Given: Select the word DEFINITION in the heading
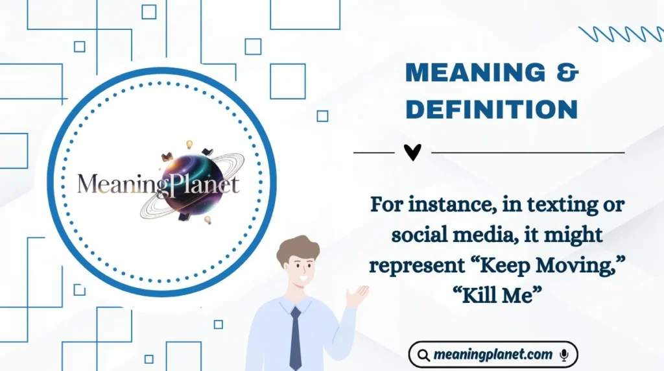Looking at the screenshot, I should (x=492, y=110).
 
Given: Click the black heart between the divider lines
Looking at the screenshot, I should (x=412, y=152).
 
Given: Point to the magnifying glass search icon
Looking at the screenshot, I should (x=423, y=355).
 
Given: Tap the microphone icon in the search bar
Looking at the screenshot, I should (x=564, y=355).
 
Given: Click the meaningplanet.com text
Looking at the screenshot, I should (x=493, y=355).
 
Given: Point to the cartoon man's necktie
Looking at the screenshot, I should (x=296, y=337).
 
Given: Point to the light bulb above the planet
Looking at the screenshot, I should (x=190, y=143).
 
